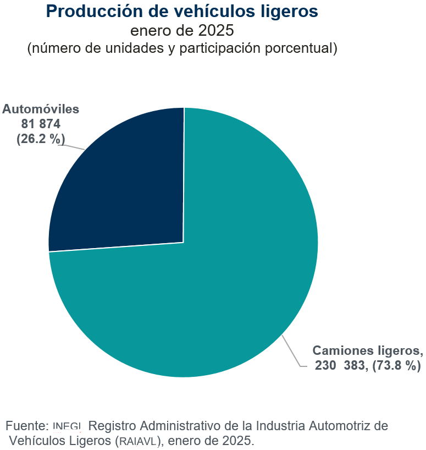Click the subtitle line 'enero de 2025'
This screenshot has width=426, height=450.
[x=182, y=30]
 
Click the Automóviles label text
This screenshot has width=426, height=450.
[x=41, y=109]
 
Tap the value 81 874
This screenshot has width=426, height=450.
[x=41, y=124]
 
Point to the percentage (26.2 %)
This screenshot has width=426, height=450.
[x=41, y=139]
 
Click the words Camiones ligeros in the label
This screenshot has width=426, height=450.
[x=367, y=350]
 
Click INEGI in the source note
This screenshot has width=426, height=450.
[x=68, y=426]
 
